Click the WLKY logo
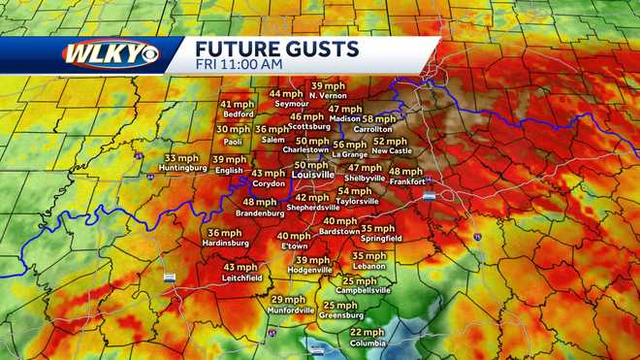click(x=110, y=53)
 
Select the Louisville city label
click(x=312, y=178)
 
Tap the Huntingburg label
click(x=183, y=168)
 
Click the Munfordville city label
click(x=290, y=311)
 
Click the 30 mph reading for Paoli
click(x=233, y=129)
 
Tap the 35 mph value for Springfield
click(x=379, y=228)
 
